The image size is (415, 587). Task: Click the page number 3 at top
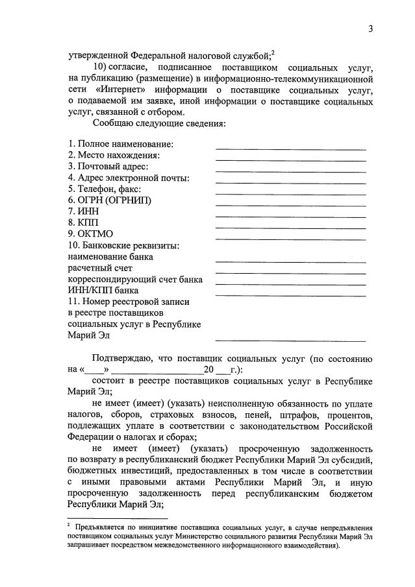(x=370, y=29)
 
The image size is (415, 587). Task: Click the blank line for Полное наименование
(x=290, y=149)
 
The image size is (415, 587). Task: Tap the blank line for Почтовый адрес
(x=290, y=172)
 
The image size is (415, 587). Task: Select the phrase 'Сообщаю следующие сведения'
(x=158, y=123)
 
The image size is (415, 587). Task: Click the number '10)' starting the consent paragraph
(x=101, y=67)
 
